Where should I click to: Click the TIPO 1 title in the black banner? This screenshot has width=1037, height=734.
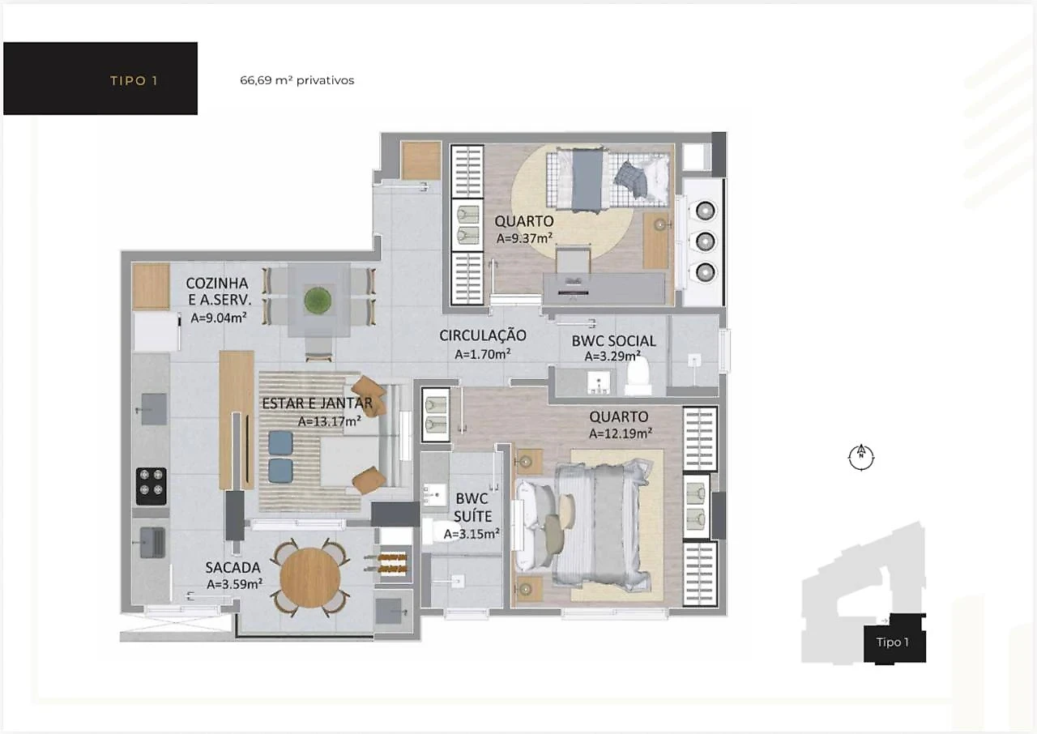(x=134, y=81)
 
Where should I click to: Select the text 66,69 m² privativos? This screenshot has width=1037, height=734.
(x=297, y=80)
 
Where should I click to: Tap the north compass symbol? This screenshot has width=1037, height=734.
(x=861, y=458)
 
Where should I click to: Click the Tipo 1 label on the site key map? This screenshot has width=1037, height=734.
(x=892, y=642)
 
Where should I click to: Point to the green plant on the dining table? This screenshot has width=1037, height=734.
(x=318, y=300)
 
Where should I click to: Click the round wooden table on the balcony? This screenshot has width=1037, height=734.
(x=310, y=578)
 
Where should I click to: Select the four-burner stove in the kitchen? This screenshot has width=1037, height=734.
(x=151, y=486)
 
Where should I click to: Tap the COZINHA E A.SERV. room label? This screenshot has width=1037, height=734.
(x=218, y=291)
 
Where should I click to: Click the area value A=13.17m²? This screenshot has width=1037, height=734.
(x=329, y=421)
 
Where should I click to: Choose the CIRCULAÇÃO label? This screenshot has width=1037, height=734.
(x=482, y=335)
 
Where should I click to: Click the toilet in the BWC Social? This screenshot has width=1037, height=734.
(x=638, y=376)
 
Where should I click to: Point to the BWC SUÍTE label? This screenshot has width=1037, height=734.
(x=472, y=507)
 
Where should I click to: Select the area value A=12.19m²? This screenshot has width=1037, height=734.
(x=621, y=433)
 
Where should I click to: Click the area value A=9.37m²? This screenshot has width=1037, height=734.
(x=524, y=238)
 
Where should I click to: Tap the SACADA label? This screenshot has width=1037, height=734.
(x=233, y=567)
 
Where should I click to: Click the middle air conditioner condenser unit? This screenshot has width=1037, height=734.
(x=705, y=241)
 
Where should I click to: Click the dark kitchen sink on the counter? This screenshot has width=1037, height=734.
(x=154, y=408)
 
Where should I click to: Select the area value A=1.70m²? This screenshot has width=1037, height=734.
(x=482, y=354)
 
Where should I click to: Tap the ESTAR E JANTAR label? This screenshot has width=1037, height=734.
(x=317, y=403)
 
